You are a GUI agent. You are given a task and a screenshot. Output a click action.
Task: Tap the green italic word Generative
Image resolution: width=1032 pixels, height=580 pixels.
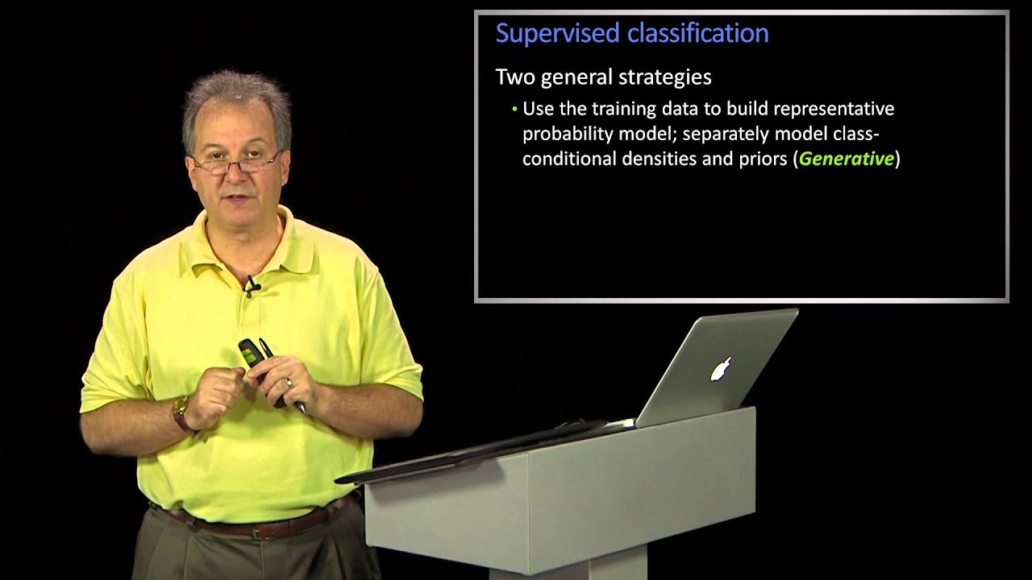point(846,159)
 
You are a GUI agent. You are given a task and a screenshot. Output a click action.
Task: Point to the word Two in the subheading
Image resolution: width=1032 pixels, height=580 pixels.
point(514,77)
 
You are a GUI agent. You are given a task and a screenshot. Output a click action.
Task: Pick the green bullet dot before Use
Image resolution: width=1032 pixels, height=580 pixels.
point(514,110)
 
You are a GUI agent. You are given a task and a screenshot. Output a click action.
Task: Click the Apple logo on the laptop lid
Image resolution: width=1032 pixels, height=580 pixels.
point(720,370)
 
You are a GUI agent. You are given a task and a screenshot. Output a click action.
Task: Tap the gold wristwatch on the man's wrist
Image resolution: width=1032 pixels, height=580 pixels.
point(181,411)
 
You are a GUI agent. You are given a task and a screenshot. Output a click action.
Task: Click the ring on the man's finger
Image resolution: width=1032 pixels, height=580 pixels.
point(288,385)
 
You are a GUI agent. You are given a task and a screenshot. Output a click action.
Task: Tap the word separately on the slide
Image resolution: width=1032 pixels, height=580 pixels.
point(725,134)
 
